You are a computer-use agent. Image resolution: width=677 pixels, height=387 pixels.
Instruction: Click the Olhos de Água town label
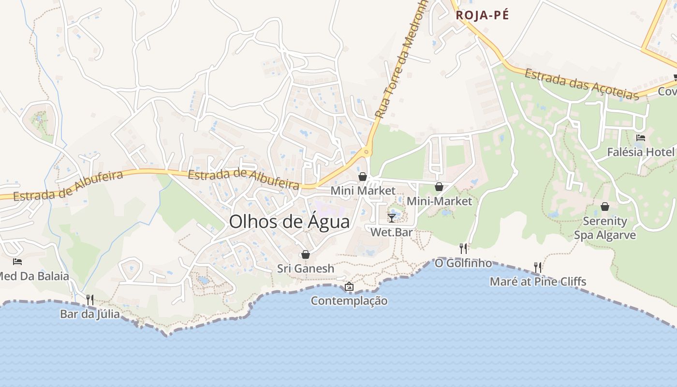pos(289,222)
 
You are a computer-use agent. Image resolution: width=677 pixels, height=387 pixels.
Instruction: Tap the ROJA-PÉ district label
pos(482,15)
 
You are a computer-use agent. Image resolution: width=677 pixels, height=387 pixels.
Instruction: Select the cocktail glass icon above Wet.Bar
pos(392,218)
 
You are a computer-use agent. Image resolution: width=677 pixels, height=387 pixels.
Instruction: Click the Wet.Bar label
pos(392,232)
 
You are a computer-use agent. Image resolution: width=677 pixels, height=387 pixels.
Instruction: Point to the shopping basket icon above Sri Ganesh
pos(305,254)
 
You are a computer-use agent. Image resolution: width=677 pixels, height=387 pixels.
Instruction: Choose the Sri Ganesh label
pos(306,268)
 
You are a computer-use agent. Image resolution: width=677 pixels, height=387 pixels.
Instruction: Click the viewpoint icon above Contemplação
pos(349,287)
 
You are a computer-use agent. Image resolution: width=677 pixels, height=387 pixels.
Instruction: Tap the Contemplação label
pos(349,301)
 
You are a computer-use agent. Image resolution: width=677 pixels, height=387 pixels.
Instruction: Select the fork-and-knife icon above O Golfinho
pos(463,249)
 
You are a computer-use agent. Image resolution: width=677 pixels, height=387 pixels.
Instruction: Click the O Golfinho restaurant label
pos(463,263)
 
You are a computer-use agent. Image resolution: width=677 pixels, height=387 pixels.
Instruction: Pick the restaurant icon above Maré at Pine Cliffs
pos(537,267)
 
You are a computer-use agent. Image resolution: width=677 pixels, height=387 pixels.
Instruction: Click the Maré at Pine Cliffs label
pos(538,282)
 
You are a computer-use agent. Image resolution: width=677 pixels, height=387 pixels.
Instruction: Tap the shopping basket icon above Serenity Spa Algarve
pos(604,207)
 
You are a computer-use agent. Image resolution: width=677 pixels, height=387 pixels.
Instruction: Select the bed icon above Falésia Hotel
pos(641,138)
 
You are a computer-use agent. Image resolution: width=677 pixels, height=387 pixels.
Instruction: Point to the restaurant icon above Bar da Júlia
pos(89,299)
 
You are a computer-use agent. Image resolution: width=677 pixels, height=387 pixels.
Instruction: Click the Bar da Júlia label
pos(90,314)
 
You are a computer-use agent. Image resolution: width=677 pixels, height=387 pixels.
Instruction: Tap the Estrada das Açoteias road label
pos(582,85)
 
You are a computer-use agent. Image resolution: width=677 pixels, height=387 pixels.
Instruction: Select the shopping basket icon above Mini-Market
pos(439,187)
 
